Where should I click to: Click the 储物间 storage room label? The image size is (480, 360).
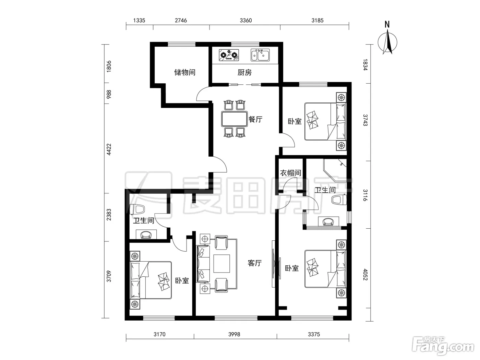tap(185, 72)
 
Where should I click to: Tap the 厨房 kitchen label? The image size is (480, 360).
tap(244, 72)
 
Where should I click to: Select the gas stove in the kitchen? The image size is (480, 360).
tap(229, 55)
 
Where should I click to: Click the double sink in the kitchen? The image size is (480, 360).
tap(260, 55)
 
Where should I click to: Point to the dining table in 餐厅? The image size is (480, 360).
tap(234, 119)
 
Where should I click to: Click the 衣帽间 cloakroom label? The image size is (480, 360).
tap(291, 173)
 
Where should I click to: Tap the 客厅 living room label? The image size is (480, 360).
tap(255, 263)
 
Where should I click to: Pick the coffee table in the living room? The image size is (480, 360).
tap(221, 264)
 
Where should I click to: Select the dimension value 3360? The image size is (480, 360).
tap(246, 20)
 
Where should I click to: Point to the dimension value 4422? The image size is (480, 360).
tap(109, 149)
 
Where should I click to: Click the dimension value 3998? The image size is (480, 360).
tap(234, 334)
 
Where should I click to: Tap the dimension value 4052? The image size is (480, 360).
tap(365, 275)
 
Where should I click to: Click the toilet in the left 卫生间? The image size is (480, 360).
tap(137, 209)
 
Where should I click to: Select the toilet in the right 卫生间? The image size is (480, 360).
tap(339, 200)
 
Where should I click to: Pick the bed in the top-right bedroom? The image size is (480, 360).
tap(325, 121)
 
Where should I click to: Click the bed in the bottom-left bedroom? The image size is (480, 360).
tap(151, 280)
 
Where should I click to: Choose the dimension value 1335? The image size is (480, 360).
tap(139, 20)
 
